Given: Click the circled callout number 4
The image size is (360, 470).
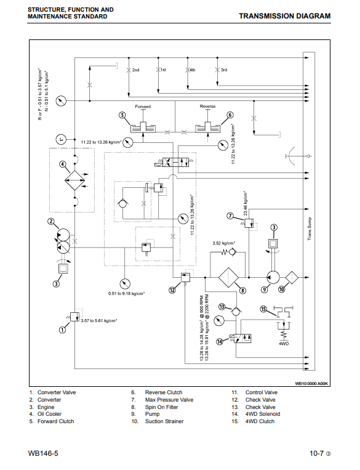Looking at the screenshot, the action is point(62,164).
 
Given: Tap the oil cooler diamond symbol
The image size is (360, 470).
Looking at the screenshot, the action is point(75,180).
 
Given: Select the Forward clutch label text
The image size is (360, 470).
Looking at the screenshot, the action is point(143,107).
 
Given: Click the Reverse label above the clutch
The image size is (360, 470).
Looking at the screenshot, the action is point(207,107).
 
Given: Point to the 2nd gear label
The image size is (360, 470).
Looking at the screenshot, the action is point(135,70).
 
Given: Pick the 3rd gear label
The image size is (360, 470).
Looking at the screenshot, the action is point(224,70).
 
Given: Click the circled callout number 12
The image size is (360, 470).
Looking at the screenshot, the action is point(172,290).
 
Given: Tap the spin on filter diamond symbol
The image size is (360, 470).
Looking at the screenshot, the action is point(228,278).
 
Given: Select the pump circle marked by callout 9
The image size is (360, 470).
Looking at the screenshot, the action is point(273,278).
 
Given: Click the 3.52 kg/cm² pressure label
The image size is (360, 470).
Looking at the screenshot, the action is point(224,243).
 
